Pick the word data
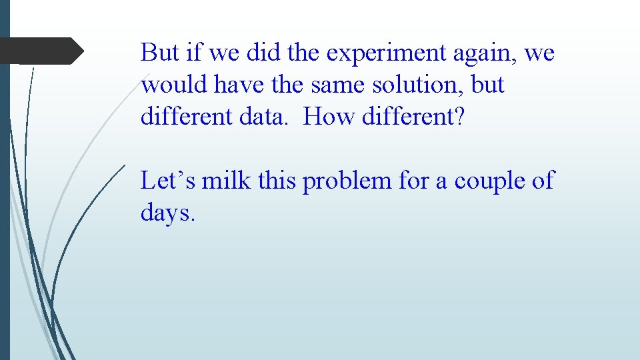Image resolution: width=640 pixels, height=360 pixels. pyautogui.click(x=266, y=117)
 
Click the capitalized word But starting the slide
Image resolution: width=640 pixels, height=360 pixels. pyautogui.click(x=157, y=53)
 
